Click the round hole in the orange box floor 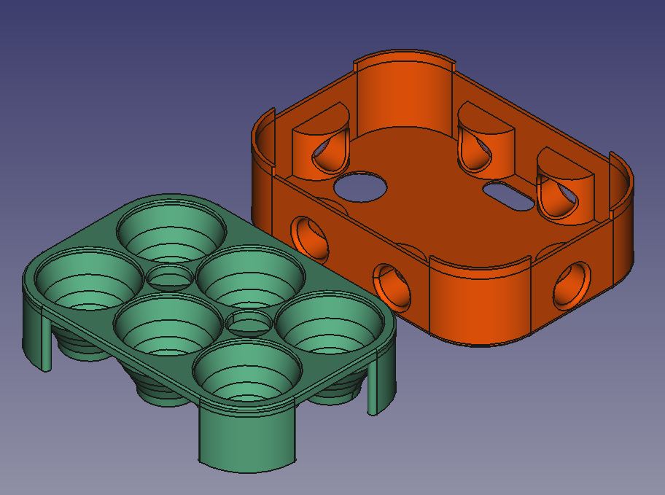[359, 186]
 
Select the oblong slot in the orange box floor [508, 195]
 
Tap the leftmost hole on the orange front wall [309, 238]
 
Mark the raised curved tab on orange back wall [403, 87]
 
